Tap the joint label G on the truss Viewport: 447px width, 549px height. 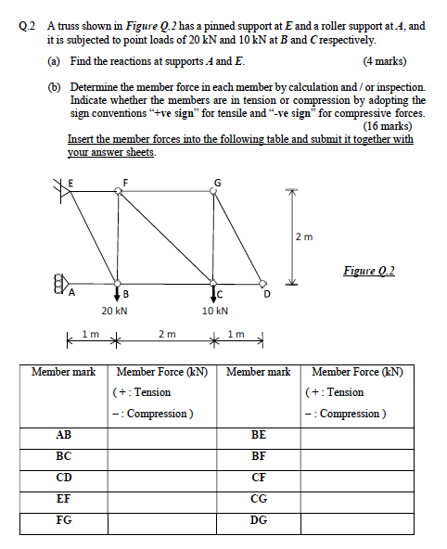pyautogui.click(x=217, y=180)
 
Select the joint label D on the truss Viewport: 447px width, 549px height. pyautogui.click(x=267, y=294)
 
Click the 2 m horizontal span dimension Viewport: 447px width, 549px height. pyautogui.click(x=165, y=333)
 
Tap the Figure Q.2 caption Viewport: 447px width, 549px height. pyautogui.click(x=369, y=270)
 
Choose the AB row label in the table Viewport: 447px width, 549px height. pyautogui.click(x=64, y=434)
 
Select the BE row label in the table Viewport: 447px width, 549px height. pyautogui.click(x=259, y=434)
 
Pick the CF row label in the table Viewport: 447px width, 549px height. pyautogui.click(x=259, y=477)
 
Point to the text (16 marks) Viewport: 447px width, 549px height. pyautogui.click(x=393, y=126)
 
